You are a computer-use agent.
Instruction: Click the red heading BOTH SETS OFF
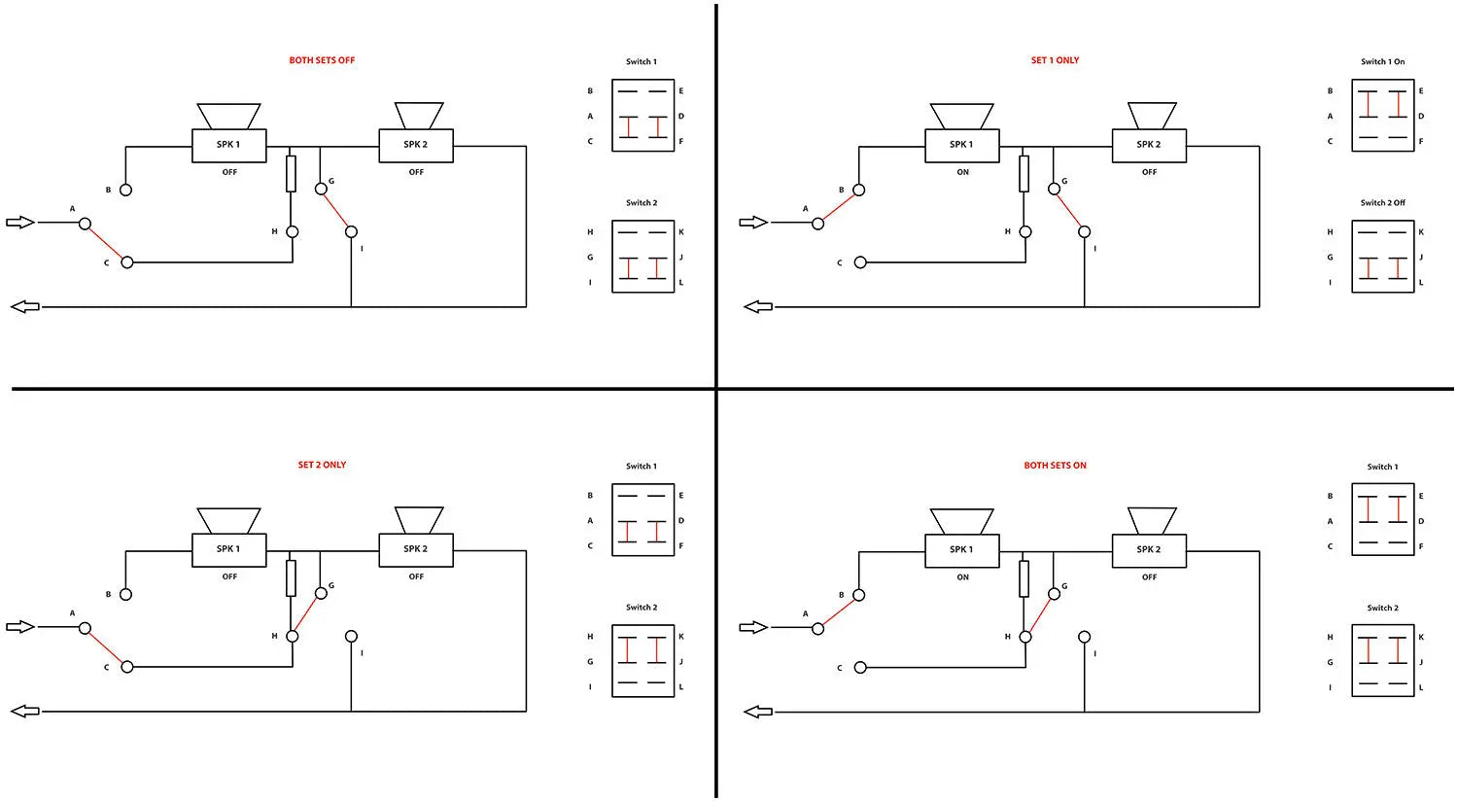pos(322,60)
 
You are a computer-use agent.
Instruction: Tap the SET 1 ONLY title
pos(1055,60)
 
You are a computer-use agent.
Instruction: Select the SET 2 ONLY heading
pos(322,465)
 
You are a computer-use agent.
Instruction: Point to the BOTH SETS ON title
pos(1055,465)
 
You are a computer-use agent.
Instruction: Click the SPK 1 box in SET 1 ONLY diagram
pos(961,145)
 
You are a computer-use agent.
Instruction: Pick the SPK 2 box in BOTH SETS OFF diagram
pos(416,145)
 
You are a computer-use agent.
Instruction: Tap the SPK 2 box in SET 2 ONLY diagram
pos(416,549)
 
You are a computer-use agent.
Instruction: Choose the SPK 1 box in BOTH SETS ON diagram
pos(961,550)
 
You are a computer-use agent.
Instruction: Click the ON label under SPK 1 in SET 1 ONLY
pos(962,172)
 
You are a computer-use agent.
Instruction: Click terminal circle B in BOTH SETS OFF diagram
pos(126,191)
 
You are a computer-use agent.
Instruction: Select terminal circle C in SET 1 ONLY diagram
pos(860,262)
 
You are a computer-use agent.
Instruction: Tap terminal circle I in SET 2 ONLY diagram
pos(351,636)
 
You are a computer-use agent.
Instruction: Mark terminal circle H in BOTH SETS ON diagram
pos(1025,637)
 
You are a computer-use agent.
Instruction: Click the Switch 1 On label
pos(1382,62)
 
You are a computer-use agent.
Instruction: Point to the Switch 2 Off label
pos(1382,202)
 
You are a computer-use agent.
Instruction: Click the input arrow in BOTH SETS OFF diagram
pos(20,223)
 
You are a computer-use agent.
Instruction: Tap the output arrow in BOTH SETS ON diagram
pos(757,712)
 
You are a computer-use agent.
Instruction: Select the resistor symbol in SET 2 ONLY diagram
pos(291,578)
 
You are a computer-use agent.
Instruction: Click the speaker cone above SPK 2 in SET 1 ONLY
pos(1152,116)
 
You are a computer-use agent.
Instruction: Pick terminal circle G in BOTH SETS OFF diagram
pos(321,189)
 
